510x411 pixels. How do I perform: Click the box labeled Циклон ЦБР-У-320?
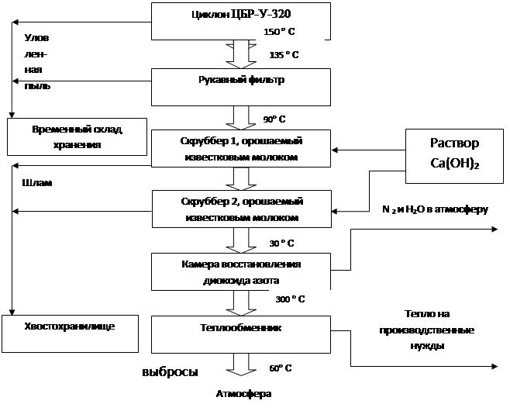coord(241,21)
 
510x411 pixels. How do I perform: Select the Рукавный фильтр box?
coord(241,87)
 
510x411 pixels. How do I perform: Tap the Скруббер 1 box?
coord(241,148)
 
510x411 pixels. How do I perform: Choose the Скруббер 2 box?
coord(242,209)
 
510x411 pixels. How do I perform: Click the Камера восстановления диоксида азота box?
coord(241,271)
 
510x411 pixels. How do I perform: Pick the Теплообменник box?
coord(241,334)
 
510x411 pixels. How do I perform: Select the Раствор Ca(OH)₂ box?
coord(454,156)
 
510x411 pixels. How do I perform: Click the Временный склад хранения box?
coord(77,136)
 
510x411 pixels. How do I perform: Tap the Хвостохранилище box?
coord(70,333)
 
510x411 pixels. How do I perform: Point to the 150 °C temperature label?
coord(279,32)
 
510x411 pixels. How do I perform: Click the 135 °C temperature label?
coord(284,54)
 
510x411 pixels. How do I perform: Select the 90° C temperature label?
coord(274,119)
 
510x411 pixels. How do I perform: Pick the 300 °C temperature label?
coord(290,299)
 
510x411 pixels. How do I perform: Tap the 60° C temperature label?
coord(281,368)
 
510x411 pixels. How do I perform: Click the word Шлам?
coord(37,182)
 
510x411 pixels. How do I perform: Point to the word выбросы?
coord(170,371)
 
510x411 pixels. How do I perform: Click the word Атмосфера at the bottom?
coord(243,394)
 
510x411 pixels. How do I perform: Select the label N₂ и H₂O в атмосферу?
coord(435,209)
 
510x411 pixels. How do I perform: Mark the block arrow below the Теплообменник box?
coord(241,364)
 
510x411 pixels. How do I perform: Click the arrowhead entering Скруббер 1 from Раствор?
coord(335,150)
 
